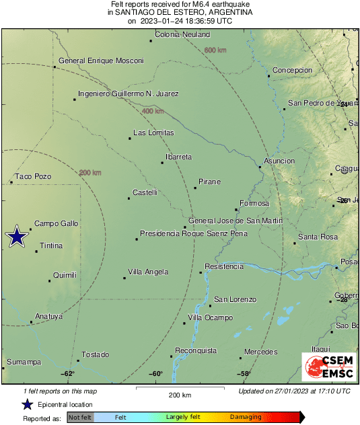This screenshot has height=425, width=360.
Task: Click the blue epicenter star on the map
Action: pyautogui.click(x=16, y=237)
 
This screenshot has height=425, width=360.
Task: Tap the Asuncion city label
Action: pyautogui.click(x=279, y=161)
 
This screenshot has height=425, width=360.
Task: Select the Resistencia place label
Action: pyautogui.click(x=223, y=267)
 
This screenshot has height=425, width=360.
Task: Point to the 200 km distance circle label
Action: pyautogui.click(x=90, y=173)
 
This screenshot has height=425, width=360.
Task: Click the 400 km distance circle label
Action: pyautogui.click(x=153, y=112)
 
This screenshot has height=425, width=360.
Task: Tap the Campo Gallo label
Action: pyautogui.click(x=57, y=223)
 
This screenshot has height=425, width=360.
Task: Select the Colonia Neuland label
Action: pyautogui.click(x=182, y=34)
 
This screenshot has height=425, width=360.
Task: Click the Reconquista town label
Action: pyautogui.click(x=196, y=350)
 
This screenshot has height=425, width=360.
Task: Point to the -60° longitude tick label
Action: pyautogui.click(x=155, y=374)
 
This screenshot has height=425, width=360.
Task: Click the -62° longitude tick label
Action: pyautogui.click(x=68, y=374)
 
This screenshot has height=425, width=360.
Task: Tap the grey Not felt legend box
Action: pyautogui.click(x=80, y=418)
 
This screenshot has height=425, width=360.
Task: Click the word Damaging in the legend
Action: pyautogui.click(x=246, y=418)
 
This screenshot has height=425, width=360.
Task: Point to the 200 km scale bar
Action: pyautogui.click(x=180, y=389)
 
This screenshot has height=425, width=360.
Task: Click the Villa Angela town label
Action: pyautogui.click(x=148, y=272)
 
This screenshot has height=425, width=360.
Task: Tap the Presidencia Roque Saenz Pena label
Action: pyautogui.click(x=193, y=234)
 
